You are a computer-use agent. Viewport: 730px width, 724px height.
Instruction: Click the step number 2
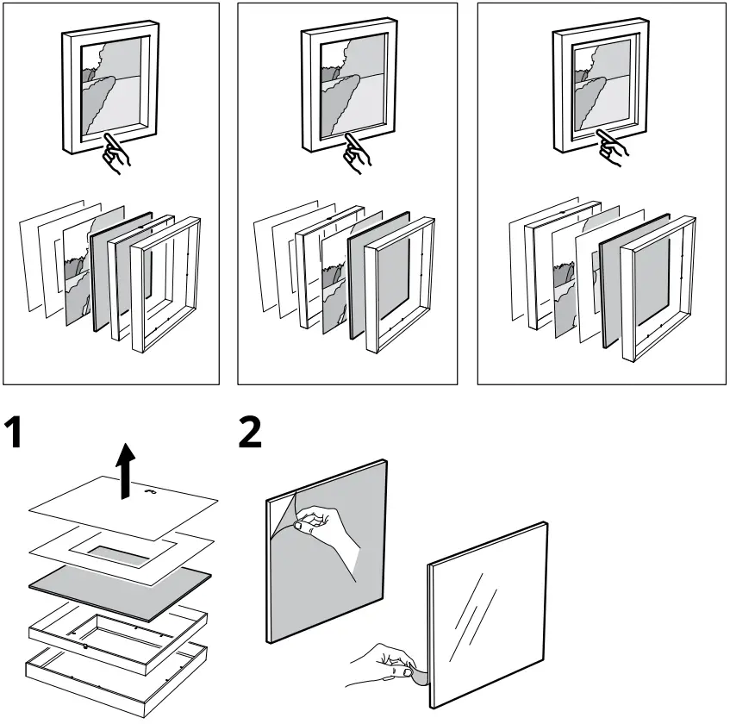(x=249, y=432)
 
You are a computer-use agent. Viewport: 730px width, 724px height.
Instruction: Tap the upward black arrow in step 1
(x=127, y=471)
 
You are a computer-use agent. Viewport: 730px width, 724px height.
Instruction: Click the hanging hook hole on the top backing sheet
(x=153, y=494)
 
